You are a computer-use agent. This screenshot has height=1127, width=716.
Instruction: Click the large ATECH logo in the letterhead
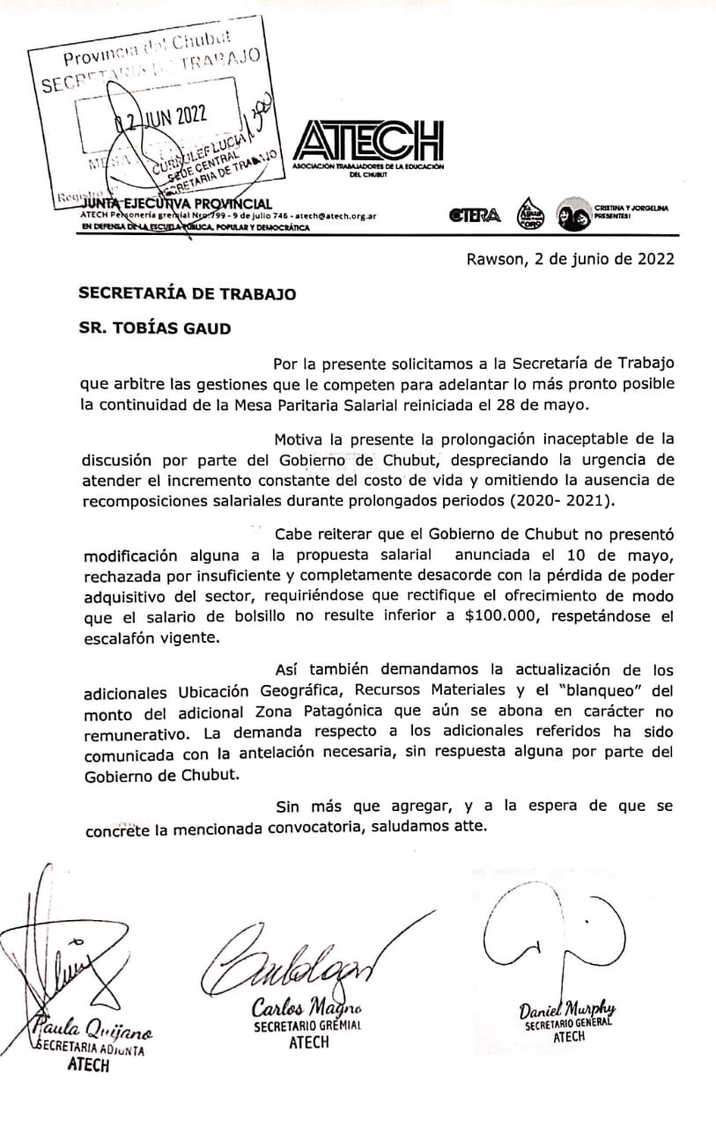pos(367,140)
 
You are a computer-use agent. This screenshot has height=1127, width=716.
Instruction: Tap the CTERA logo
pos(475,215)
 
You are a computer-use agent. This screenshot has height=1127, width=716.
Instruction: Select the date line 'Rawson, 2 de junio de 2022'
pos(571,259)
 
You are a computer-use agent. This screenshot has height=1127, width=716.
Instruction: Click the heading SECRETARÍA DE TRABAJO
pos(187,294)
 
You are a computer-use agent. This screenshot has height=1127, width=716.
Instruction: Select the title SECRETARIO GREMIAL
pos(307,1027)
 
